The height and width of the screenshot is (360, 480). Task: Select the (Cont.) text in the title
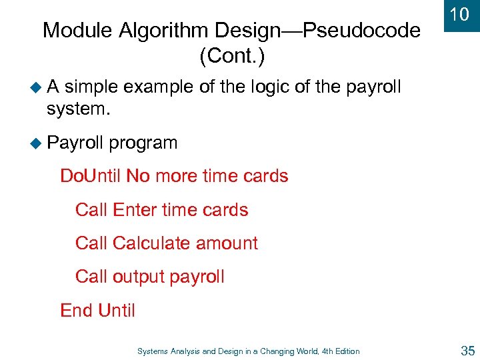tap(232, 57)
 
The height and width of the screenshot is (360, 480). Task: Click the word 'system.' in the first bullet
tap(78, 108)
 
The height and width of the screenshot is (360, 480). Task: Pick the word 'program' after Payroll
tap(143, 143)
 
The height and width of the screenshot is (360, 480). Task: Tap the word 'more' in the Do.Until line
tap(178, 176)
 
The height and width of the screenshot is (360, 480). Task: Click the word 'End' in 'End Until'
tap(76, 310)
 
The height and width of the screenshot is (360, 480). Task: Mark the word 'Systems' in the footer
tap(153, 351)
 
